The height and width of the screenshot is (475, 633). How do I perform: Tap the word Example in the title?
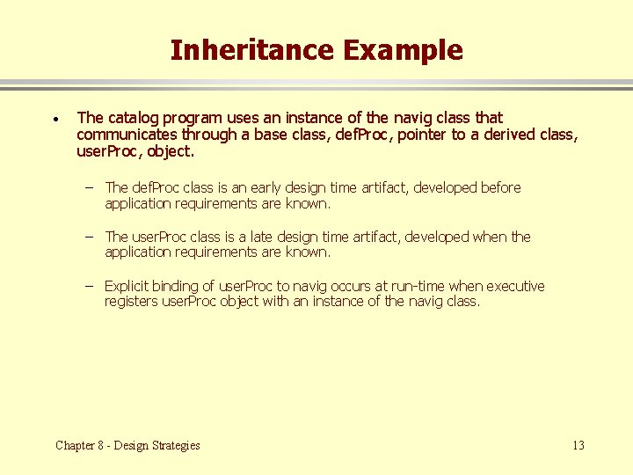coord(403,50)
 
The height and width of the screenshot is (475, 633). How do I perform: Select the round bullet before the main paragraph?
coord(55,119)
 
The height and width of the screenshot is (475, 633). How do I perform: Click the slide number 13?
coord(578,445)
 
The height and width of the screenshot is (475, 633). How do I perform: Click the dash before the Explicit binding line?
coord(90,286)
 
